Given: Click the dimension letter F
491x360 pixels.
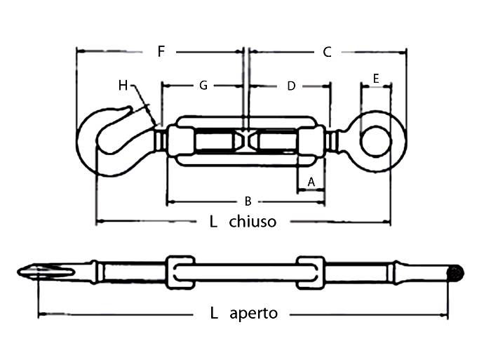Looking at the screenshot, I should (161, 51).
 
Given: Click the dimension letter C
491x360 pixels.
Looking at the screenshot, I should (327, 51).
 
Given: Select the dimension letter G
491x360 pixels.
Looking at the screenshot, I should (203, 86).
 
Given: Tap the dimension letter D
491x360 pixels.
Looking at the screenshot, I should (291, 86).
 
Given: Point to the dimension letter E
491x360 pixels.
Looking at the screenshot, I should (376, 79).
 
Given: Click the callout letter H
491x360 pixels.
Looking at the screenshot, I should (123, 86).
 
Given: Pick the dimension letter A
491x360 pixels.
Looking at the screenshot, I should (312, 182).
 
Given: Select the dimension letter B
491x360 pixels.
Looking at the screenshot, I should (248, 201).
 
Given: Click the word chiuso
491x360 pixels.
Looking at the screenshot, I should (253, 222).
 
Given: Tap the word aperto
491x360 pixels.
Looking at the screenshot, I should (253, 313).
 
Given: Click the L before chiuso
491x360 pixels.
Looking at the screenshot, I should (213, 222).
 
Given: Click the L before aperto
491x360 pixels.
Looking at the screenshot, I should (214, 313).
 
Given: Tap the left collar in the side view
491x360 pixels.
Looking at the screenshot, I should (180, 272).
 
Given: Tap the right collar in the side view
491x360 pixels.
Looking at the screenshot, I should (309, 272).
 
